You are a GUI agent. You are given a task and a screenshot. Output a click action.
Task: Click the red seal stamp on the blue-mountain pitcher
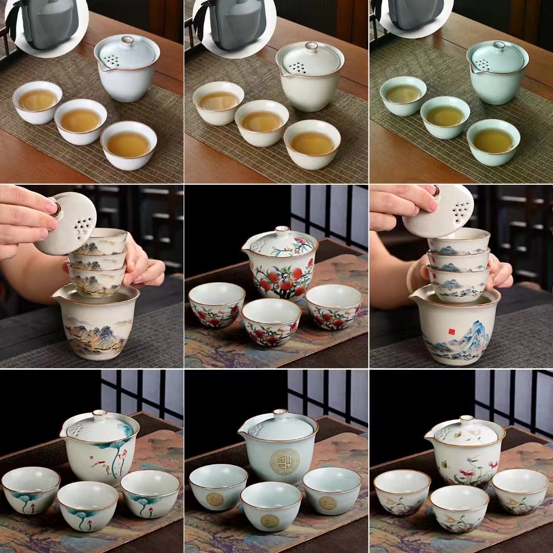pyautogui.click(x=452, y=332)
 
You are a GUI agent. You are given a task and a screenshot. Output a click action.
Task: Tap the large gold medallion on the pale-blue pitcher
pyautogui.click(x=284, y=462)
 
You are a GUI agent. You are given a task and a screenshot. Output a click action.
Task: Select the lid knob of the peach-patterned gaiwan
pyautogui.click(x=282, y=231)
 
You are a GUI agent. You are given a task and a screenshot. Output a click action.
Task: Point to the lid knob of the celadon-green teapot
pyautogui.click(x=497, y=46)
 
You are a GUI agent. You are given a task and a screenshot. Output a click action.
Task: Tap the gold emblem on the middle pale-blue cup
pyautogui.click(x=270, y=520)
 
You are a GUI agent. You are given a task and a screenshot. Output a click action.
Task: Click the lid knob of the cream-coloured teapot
pyautogui.click(x=311, y=47)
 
